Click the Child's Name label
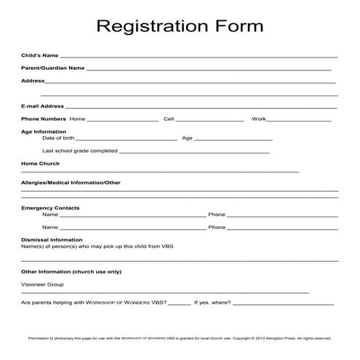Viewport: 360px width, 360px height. [x=40, y=55]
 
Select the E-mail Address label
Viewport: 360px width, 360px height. [x=43, y=106]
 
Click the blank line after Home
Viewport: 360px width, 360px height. [x=122, y=120]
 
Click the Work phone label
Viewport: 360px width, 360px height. [x=259, y=119]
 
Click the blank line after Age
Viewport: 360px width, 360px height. [x=233, y=139]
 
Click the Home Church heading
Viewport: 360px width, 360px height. [x=40, y=164]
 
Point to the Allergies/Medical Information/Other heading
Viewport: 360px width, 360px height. [x=71, y=183]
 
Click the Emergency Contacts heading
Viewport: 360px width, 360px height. [x=50, y=208]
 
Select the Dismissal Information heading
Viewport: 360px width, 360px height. [x=52, y=239]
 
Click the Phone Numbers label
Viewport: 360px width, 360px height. [x=44, y=119]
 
